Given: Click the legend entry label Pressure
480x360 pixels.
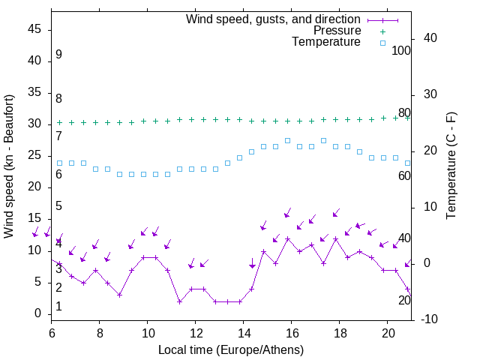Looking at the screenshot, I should [x=337, y=31].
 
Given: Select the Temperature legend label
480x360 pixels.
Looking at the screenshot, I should [x=326, y=42].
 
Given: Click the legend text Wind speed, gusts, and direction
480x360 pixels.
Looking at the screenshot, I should [x=274, y=19].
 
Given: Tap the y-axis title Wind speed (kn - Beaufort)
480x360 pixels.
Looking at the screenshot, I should [x=9, y=166].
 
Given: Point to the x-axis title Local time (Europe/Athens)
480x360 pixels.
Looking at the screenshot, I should [x=231, y=350].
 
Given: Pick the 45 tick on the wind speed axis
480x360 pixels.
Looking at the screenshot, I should [x=34, y=28].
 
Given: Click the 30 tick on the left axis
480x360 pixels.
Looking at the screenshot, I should [x=34, y=124].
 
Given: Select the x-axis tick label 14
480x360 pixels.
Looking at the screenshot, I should [x=243, y=331].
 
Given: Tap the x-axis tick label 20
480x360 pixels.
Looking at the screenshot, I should [x=388, y=331].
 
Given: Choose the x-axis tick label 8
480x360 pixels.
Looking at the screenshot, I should [x=100, y=331].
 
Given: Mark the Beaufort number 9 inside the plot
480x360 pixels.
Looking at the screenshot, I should [x=58, y=55].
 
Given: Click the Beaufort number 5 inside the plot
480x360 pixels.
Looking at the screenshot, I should [x=58, y=206].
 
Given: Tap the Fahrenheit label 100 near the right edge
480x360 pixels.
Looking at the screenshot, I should [x=401, y=50].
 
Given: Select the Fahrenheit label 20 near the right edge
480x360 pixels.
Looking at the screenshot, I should [x=404, y=300].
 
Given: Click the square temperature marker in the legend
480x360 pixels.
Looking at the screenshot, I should [x=382, y=43].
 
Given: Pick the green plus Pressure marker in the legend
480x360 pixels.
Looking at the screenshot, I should [x=382, y=31].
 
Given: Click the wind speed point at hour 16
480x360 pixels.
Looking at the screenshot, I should [x=287, y=239].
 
